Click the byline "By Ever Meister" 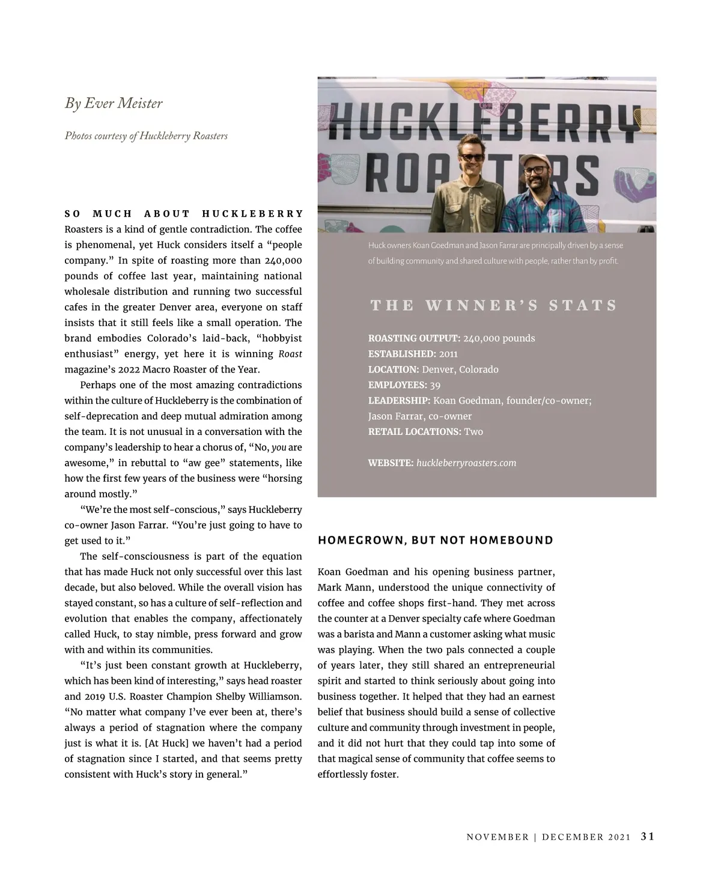(114, 103)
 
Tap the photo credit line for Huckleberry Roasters (146, 136)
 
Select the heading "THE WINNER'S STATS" (493, 305)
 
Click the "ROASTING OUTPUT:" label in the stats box (414, 338)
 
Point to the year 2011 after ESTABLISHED (448, 354)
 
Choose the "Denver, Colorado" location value (460, 369)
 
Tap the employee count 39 (435, 385)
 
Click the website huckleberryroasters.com (466, 463)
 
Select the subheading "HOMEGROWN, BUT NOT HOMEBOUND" (435, 540)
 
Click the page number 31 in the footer (647, 837)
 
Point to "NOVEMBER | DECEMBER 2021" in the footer (549, 837)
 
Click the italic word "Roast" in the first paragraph (290, 354)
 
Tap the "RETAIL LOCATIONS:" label (415, 432)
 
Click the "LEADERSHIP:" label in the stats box (399, 401)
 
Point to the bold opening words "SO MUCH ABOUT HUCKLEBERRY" (184, 214)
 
